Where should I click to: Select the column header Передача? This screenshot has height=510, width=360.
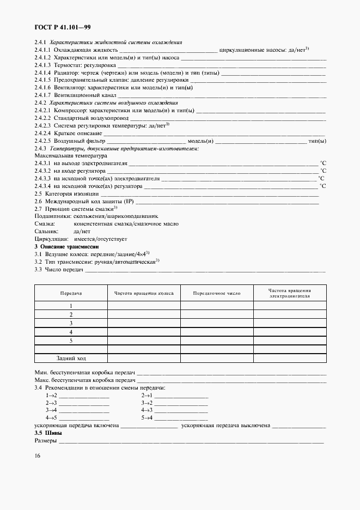click(71, 293)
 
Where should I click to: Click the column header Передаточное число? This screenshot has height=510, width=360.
click(217, 293)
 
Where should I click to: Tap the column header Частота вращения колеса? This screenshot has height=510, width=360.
click(144, 293)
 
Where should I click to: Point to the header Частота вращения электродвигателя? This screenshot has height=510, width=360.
click(289, 294)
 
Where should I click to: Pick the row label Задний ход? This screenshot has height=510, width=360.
click(71, 358)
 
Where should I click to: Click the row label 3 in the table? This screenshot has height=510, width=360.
click(71, 323)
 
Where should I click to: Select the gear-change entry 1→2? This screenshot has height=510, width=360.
click(52, 395)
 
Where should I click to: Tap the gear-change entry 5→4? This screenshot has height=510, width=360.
click(147, 418)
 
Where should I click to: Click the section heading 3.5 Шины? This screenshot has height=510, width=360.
click(48, 433)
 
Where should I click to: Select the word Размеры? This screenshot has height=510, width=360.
click(45, 440)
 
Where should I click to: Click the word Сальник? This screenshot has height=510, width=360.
click(46, 232)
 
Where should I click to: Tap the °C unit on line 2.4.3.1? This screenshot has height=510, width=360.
click(322, 163)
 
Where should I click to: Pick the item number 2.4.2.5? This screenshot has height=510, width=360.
click(42, 141)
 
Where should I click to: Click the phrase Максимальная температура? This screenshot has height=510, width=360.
click(71, 155)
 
